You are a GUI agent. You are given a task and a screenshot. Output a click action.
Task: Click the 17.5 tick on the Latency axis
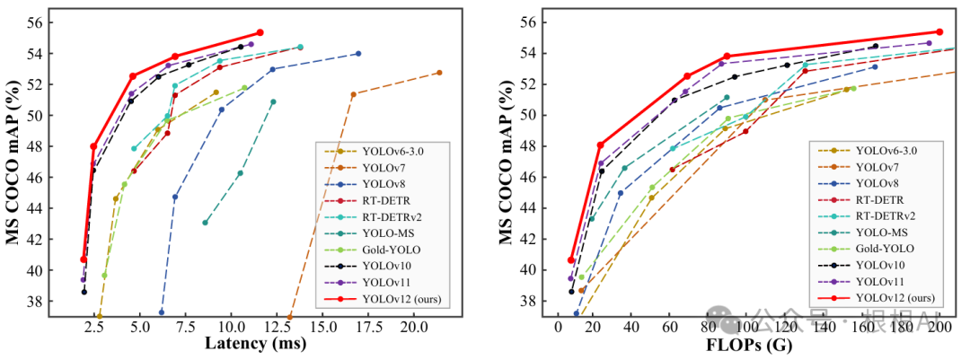(x=367, y=323)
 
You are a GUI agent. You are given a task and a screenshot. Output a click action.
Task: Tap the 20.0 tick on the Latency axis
(x=413, y=323)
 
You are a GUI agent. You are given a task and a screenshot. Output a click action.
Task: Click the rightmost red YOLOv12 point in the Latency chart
(x=260, y=32)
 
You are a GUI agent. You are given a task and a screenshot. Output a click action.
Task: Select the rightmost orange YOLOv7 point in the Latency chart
(x=439, y=73)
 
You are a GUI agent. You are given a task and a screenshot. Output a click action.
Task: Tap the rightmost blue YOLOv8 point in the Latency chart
(x=358, y=54)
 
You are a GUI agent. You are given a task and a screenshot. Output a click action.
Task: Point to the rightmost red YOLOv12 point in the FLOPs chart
(x=939, y=31)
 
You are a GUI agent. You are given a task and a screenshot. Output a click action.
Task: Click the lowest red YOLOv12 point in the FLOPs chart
(x=571, y=259)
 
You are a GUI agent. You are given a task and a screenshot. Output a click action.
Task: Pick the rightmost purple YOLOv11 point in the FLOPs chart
(x=930, y=42)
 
